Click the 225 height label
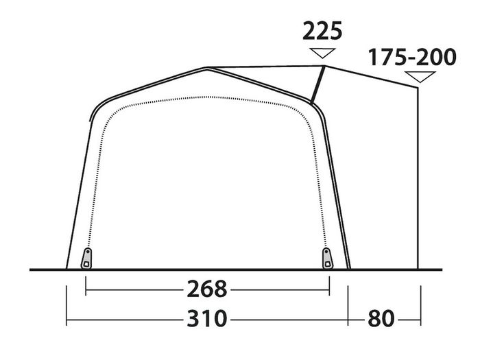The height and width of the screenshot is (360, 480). [322, 31]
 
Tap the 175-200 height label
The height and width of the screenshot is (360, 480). [412, 57]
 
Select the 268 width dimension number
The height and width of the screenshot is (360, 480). [207, 289]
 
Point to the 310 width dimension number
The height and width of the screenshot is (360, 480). [207, 319]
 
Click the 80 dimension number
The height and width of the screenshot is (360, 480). [381, 319]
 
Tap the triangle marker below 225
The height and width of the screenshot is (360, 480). [322, 53]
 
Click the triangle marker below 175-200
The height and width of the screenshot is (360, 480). [420, 77]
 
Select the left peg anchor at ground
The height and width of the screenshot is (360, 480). [86, 259]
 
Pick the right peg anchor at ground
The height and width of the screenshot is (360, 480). [327, 259]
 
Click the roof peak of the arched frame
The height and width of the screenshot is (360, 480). [207, 68]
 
